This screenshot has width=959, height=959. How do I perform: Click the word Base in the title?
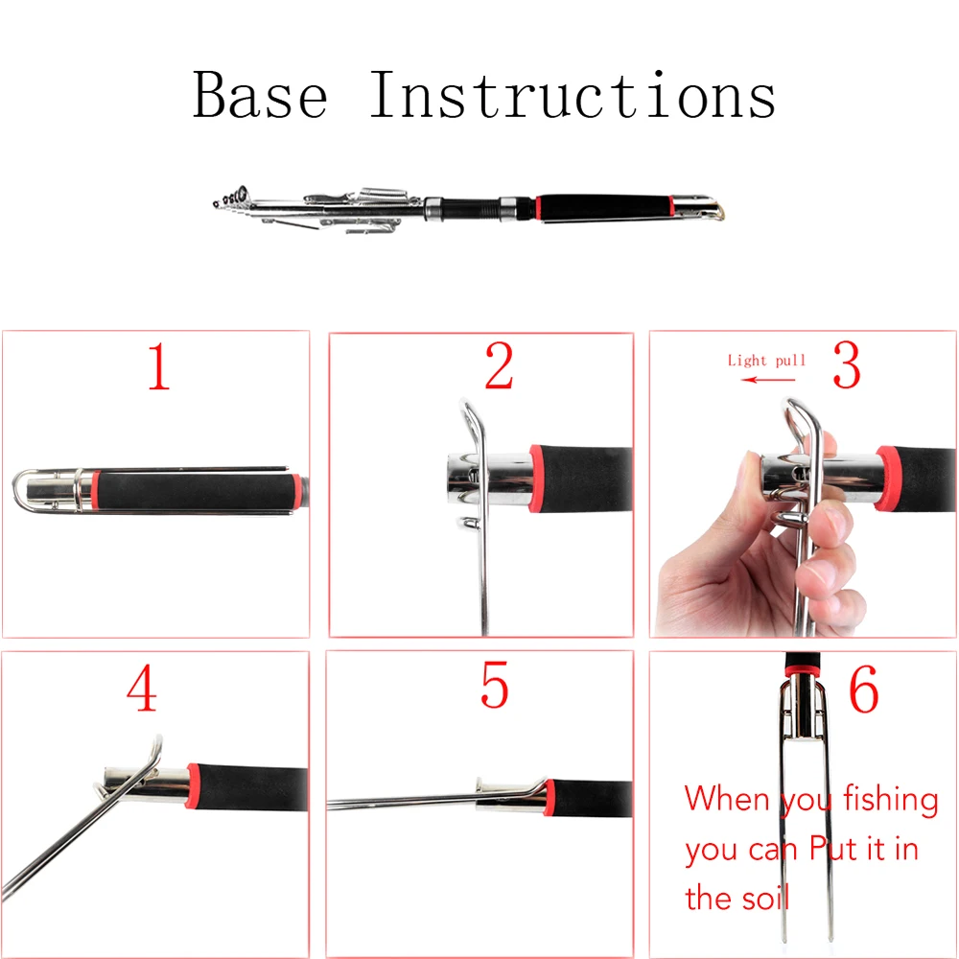pyautogui.click(x=261, y=94)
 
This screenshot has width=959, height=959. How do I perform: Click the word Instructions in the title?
pyautogui.click(x=573, y=94)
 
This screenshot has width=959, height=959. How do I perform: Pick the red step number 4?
pyautogui.click(x=142, y=688)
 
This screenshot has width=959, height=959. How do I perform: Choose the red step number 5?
pyautogui.click(x=494, y=685)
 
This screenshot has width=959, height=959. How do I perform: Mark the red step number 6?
pyautogui.click(x=864, y=689)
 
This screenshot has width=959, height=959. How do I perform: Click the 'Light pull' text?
pyautogui.click(x=766, y=361)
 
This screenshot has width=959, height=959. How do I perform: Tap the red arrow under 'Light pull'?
pyautogui.click(x=768, y=380)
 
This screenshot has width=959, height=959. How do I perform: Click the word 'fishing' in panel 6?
pyautogui.click(x=891, y=800)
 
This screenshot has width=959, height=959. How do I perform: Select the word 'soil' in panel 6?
pyautogui.click(x=765, y=898)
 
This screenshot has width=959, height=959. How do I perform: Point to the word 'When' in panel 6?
pyautogui.click(x=727, y=798)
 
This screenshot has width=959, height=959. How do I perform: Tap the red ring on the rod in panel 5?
pyautogui.click(x=550, y=798)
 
